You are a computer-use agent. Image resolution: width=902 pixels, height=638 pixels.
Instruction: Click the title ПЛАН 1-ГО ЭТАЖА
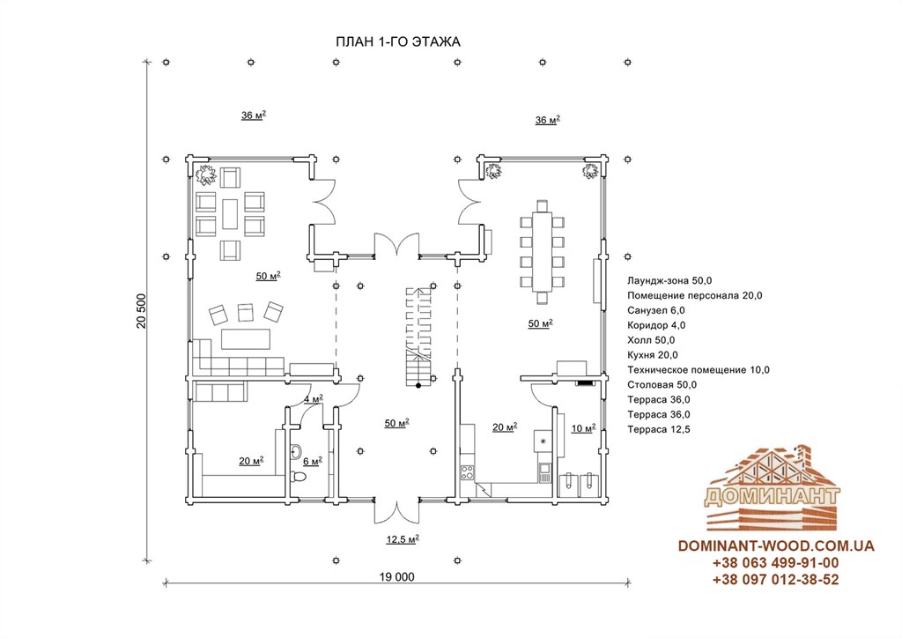coord(397,42)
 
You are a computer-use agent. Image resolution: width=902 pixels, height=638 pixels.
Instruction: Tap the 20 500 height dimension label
coord(142,311)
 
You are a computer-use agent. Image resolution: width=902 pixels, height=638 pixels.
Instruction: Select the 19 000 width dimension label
coord(397,577)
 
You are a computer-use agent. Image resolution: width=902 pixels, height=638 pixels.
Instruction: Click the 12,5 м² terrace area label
coord(403,539)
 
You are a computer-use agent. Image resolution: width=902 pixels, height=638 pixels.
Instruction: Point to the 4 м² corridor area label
coord(314,398)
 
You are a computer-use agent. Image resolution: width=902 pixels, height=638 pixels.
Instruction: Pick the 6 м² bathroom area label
coord(313,461)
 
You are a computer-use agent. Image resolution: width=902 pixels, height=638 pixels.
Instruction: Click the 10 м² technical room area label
coord(583,428)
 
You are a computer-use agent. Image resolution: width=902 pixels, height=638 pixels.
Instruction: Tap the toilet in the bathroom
coord(299,477)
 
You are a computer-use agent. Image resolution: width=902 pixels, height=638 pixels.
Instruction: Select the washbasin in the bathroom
coord(296,451)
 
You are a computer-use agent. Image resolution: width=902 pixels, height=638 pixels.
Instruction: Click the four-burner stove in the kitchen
coord(467,473)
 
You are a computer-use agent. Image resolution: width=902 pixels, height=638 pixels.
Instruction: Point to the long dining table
coord(542,252)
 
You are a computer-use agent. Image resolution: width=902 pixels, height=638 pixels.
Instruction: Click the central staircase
coord(418,337)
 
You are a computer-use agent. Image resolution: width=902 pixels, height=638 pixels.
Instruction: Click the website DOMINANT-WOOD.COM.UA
coord(776,545)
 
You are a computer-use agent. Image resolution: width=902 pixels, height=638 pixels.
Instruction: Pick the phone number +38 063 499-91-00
coord(775,562)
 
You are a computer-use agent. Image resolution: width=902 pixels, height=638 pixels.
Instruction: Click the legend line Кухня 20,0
coord(653,355)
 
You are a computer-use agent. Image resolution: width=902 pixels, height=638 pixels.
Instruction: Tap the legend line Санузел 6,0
coord(655,310)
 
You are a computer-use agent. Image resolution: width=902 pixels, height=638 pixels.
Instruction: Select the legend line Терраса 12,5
coord(659,429)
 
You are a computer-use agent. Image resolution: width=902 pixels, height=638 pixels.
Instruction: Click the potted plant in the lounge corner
coord(205,174)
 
